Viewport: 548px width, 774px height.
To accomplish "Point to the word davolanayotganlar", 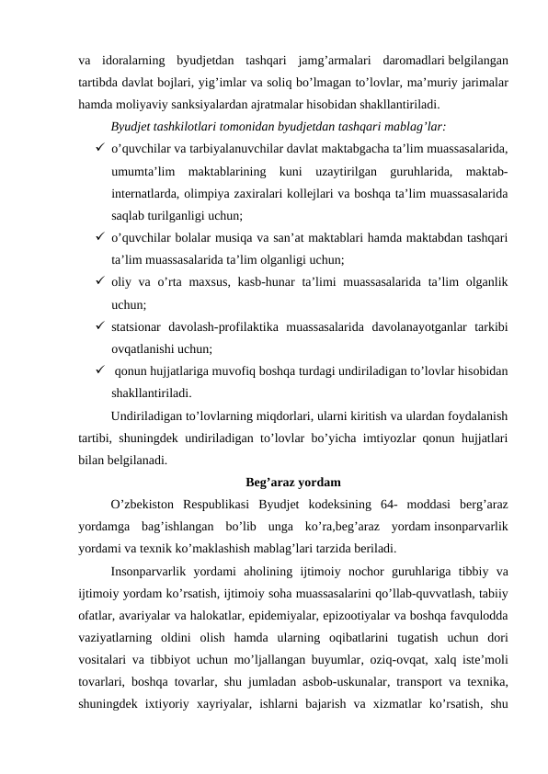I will [401, 325].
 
